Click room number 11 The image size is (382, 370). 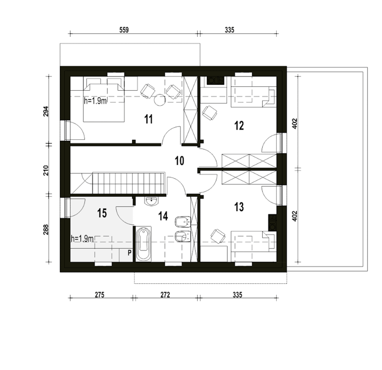148,119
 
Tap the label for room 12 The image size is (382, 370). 239,126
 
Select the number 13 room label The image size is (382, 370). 239,207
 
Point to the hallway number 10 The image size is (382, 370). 179,161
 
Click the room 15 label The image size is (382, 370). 102,213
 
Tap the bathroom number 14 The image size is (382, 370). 163,216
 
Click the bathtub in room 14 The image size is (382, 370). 144,244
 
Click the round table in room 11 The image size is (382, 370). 160,100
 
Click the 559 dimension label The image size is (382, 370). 124,30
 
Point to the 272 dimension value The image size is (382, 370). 165,295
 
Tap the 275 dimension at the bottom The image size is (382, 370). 99,295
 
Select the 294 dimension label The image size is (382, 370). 46,112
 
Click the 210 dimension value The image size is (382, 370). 46,171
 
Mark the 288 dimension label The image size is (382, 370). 46,230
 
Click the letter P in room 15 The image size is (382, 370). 130,253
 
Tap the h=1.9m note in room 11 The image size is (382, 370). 95,101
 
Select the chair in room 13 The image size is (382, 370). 218,236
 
